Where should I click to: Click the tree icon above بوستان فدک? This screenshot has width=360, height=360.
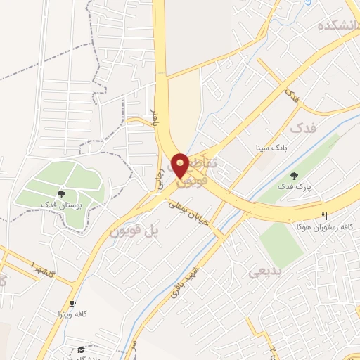(x=61, y=191)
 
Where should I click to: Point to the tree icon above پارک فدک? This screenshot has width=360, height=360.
(x=294, y=176)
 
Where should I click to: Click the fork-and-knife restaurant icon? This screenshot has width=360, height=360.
(x=324, y=216)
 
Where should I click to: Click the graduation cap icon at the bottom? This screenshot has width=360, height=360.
(x=80, y=349)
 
